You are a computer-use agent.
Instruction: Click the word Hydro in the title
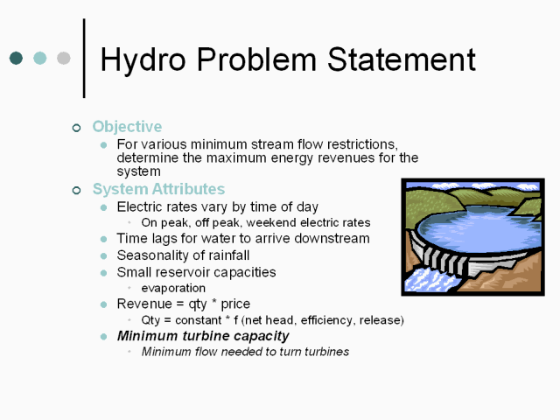click(x=143, y=60)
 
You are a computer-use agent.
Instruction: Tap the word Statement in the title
click(x=402, y=59)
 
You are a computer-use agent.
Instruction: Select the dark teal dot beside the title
click(x=16, y=58)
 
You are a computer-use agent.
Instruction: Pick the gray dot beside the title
click(x=64, y=58)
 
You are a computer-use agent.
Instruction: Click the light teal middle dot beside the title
click(x=39, y=58)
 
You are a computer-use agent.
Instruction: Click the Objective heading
click(x=127, y=127)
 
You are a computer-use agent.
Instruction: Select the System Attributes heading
click(x=158, y=189)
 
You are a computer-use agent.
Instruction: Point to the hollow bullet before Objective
click(x=76, y=128)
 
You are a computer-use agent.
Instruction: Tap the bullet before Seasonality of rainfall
click(x=103, y=255)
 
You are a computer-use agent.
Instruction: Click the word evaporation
click(x=173, y=288)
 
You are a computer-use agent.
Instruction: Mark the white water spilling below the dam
click(x=429, y=280)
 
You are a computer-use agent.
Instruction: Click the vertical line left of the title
click(x=84, y=59)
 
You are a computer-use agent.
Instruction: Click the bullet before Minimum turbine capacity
click(x=103, y=336)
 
